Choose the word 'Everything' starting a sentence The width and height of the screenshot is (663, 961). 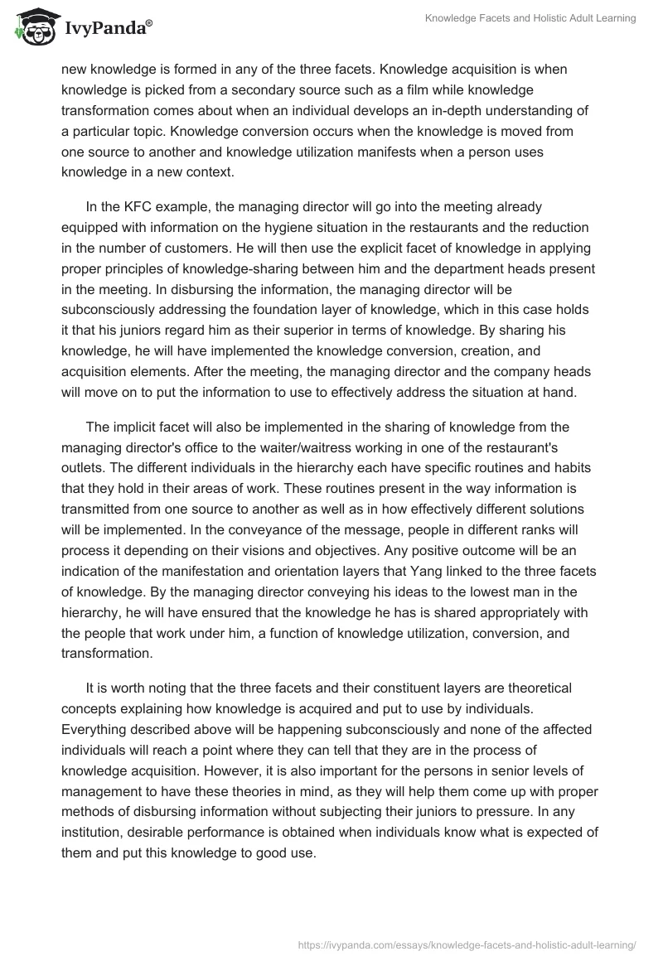click(x=94, y=730)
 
